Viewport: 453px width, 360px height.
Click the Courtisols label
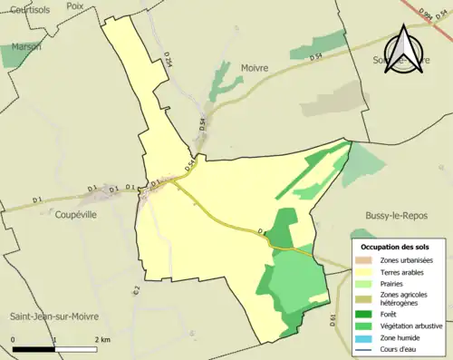pyautogui.click(x=24, y=8)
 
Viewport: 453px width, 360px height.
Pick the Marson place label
pyautogui.click(x=26, y=45)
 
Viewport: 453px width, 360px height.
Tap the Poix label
pyautogui.click(x=75, y=5)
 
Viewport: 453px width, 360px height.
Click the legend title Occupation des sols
pyautogui.click(x=395, y=247)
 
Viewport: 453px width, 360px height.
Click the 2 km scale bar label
pyautogui.click(x=102, y=340)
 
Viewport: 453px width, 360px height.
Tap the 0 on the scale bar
pyautogui.click(x=14, y=340)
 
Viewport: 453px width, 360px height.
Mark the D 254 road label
pyautogui.click(x=168, y=59)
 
